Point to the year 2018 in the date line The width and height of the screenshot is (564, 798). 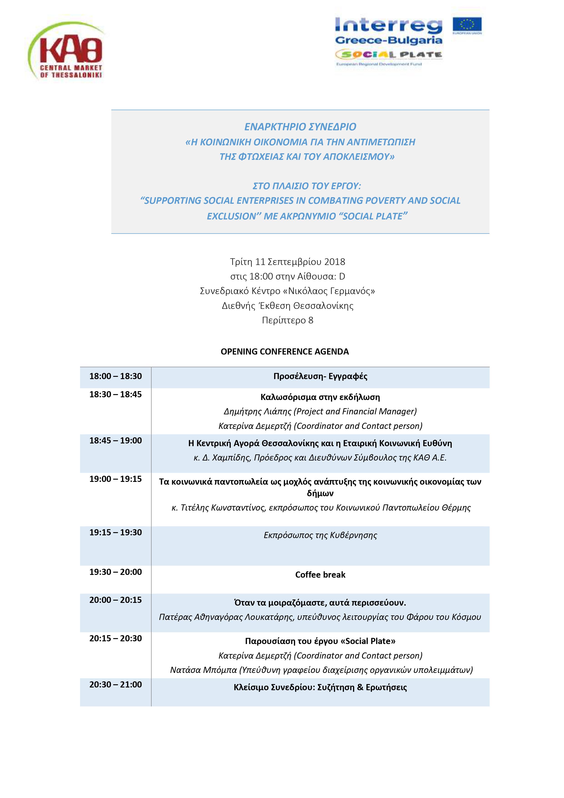(335, 262)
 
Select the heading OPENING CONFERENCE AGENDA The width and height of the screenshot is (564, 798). (285, 351)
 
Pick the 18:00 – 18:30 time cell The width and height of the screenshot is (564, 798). (115, 376)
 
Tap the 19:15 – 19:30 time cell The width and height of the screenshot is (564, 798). (115, 532)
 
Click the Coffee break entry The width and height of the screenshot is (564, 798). (320, 574)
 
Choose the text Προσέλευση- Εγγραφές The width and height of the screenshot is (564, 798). (320, 376)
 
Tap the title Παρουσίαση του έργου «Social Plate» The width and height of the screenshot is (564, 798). (320, 641)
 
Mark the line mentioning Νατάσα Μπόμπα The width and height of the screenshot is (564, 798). (321, 670)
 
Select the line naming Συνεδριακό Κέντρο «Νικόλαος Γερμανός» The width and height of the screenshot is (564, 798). (287, 291)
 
